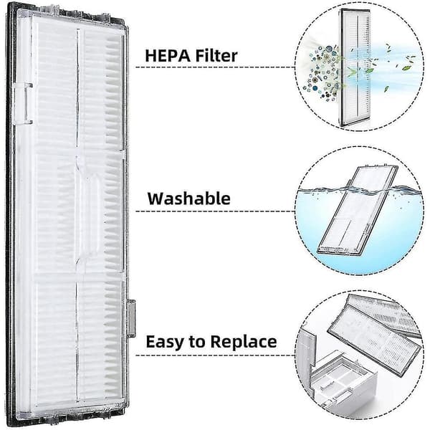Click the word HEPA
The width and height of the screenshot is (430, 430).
168,56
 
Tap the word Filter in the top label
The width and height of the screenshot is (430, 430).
216,56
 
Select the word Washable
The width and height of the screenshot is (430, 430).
189,199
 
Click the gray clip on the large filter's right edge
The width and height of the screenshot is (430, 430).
132,318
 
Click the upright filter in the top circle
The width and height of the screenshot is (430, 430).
355,67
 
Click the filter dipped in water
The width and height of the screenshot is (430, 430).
357,210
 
